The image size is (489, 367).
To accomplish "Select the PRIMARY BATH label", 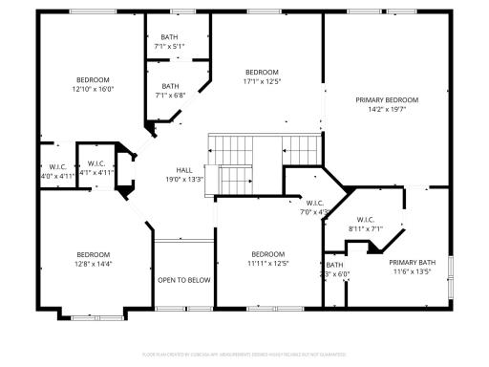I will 412,262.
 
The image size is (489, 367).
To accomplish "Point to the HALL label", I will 184,170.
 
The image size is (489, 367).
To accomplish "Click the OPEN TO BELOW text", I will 184,280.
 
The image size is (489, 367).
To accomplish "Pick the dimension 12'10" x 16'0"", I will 93,89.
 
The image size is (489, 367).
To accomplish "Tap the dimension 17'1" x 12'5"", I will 262,82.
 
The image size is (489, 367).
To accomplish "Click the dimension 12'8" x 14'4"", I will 94,263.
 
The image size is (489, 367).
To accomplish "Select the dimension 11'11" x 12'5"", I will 267,263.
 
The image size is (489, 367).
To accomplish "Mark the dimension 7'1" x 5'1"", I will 169,46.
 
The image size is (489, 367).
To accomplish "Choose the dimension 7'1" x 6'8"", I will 169,95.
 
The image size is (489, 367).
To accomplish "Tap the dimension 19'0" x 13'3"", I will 184,179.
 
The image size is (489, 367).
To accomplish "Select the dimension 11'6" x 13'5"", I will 412,271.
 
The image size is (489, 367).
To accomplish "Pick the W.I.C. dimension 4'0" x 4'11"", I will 55,176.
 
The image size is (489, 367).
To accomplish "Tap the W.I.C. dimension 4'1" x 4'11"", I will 96,172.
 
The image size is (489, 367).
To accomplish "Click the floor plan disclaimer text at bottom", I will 244,354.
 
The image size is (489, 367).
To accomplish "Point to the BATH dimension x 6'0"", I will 338,273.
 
